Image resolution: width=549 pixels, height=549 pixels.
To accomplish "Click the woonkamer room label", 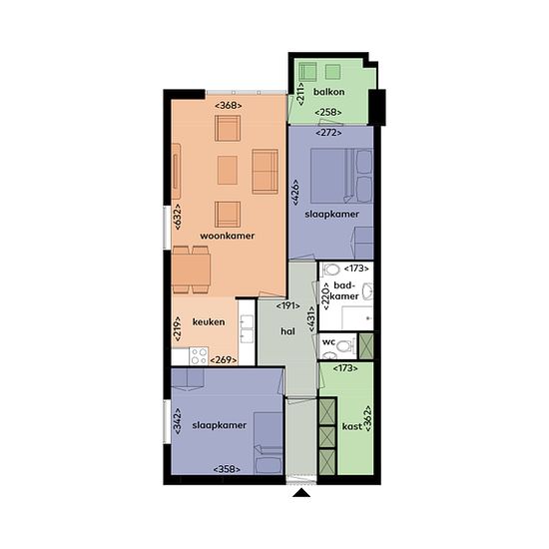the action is [228, 236].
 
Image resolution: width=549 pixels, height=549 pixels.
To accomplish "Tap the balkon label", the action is [328, 92].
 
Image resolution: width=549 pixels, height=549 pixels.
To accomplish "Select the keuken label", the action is [209, 321].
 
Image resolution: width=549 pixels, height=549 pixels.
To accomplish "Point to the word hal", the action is [287, 331].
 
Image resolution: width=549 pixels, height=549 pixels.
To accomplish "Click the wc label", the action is [328, 341].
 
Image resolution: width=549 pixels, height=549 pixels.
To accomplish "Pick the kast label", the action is [352, 426].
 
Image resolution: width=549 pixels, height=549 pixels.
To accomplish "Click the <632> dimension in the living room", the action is [178, 217].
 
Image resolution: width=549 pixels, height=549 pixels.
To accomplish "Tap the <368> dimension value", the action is [229, 105].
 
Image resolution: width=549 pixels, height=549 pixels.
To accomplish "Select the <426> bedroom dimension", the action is [295, 193].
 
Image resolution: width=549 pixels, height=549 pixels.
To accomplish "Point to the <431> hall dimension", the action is [311, 319].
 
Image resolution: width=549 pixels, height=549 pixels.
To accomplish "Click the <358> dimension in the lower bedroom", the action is [227, 469].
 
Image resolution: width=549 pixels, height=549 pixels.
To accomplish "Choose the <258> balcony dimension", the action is [328, 113].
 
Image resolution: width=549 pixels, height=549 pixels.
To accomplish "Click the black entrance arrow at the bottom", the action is [301, 493].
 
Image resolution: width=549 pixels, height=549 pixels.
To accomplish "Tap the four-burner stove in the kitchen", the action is [199, 356].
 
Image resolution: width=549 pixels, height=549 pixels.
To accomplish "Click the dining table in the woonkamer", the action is [192, 270].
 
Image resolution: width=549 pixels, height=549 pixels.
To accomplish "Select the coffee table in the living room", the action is [228, 170].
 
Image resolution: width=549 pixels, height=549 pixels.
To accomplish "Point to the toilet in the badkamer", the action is [331, 270].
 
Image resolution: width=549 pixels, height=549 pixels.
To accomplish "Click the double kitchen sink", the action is [247, 328].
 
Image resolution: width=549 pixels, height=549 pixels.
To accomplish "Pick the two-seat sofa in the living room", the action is [266, 172].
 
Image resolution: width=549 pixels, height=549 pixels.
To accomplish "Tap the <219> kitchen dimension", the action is [178, 329].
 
